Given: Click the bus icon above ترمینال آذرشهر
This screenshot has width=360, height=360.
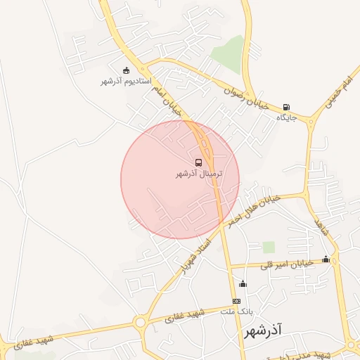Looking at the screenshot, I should point(198,162).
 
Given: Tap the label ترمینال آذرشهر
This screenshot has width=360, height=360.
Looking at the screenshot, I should point(199,173).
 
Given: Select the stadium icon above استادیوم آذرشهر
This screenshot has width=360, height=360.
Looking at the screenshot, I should point(126,70).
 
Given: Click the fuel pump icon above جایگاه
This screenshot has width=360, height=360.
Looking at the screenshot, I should point(286,107).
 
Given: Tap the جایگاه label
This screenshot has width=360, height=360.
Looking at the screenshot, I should point(286,117).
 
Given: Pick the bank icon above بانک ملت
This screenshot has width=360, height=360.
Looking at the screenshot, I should point(236,301).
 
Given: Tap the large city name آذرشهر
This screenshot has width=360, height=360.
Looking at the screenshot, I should point(264,329).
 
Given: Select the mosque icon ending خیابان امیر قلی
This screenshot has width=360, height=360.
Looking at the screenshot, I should point(326,259).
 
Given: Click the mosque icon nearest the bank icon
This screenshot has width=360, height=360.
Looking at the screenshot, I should point(243,283).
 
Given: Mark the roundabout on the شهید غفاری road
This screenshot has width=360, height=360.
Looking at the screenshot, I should point(140,323).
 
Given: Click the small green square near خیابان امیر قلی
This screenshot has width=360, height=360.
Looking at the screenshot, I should point(269,247).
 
